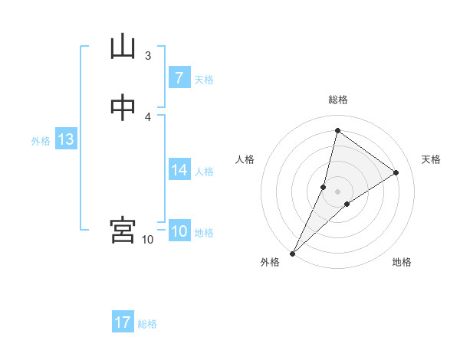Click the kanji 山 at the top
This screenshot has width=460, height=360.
click(x=123, y=46)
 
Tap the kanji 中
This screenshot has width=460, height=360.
click(x=123, y=108)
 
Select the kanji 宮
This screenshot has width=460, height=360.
click(x=123, y=230)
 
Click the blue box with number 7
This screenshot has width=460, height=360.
click(x=179, y=78)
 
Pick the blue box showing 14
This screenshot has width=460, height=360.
click(x=179, y=170)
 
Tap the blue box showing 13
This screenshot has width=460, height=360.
click(x=65, y=139)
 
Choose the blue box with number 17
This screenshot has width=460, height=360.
click(x=123, y=322)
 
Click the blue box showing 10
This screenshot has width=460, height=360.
click(x=179, y=231)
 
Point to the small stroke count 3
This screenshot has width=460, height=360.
click(x=148, y=55)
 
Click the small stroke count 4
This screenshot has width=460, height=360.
click(x=148, y=117)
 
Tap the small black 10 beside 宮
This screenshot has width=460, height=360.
click(x=148, y=240)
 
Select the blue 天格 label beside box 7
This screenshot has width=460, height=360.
click(x=204, y=80)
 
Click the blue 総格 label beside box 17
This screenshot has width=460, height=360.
click(x=147, y=324)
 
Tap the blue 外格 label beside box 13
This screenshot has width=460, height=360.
click(x=41, y=141)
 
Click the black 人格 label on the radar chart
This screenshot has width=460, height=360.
click(x=245, y=159)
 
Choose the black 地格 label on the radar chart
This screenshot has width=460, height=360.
click(x=402, y=263)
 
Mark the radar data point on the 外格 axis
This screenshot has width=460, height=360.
click(x=292, y=254)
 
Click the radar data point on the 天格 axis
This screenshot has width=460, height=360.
click(x=396, y=172)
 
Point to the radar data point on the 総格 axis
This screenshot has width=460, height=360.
click(x=337, y=130)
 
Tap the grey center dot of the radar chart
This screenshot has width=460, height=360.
click(x=337, y=191)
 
